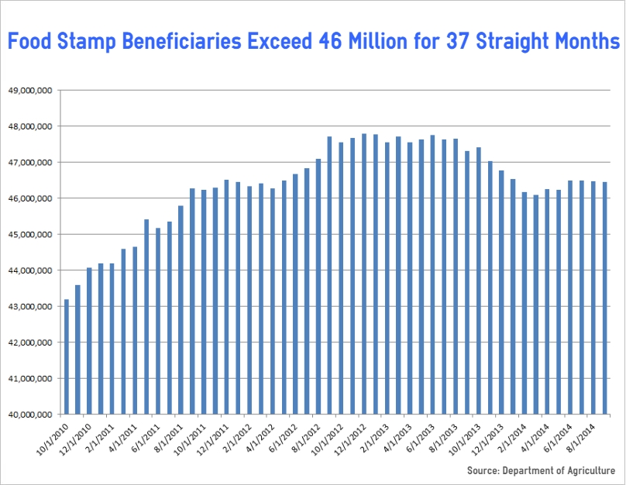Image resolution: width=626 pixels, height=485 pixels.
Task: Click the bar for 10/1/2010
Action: click(x=67, y=356)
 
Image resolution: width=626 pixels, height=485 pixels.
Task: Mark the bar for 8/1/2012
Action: click(x=318, y=287)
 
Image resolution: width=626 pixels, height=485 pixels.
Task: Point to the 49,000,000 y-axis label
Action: click(x=29, y=90)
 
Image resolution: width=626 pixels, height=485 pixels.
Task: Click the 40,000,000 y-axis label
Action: click(x=29, y=414)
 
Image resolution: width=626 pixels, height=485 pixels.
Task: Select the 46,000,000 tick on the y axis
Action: click(x=29, y=198)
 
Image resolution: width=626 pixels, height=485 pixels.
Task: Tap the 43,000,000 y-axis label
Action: click(x=29, y=306)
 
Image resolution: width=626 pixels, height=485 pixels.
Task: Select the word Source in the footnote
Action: click(x=482, y=470)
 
